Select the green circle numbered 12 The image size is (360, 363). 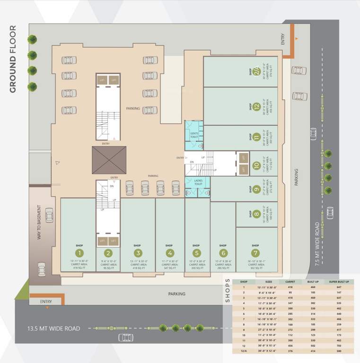[256, 106]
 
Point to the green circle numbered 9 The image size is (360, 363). [256, 189]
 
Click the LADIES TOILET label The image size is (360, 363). [198, 181]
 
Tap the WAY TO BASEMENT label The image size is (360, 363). [40, 223]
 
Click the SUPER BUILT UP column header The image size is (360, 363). [337, 282]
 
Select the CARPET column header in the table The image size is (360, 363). [290, 282]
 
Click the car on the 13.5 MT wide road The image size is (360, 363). [125, 337]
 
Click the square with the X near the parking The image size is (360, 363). [109, 160]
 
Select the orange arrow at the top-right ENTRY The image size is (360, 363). [297, 38]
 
